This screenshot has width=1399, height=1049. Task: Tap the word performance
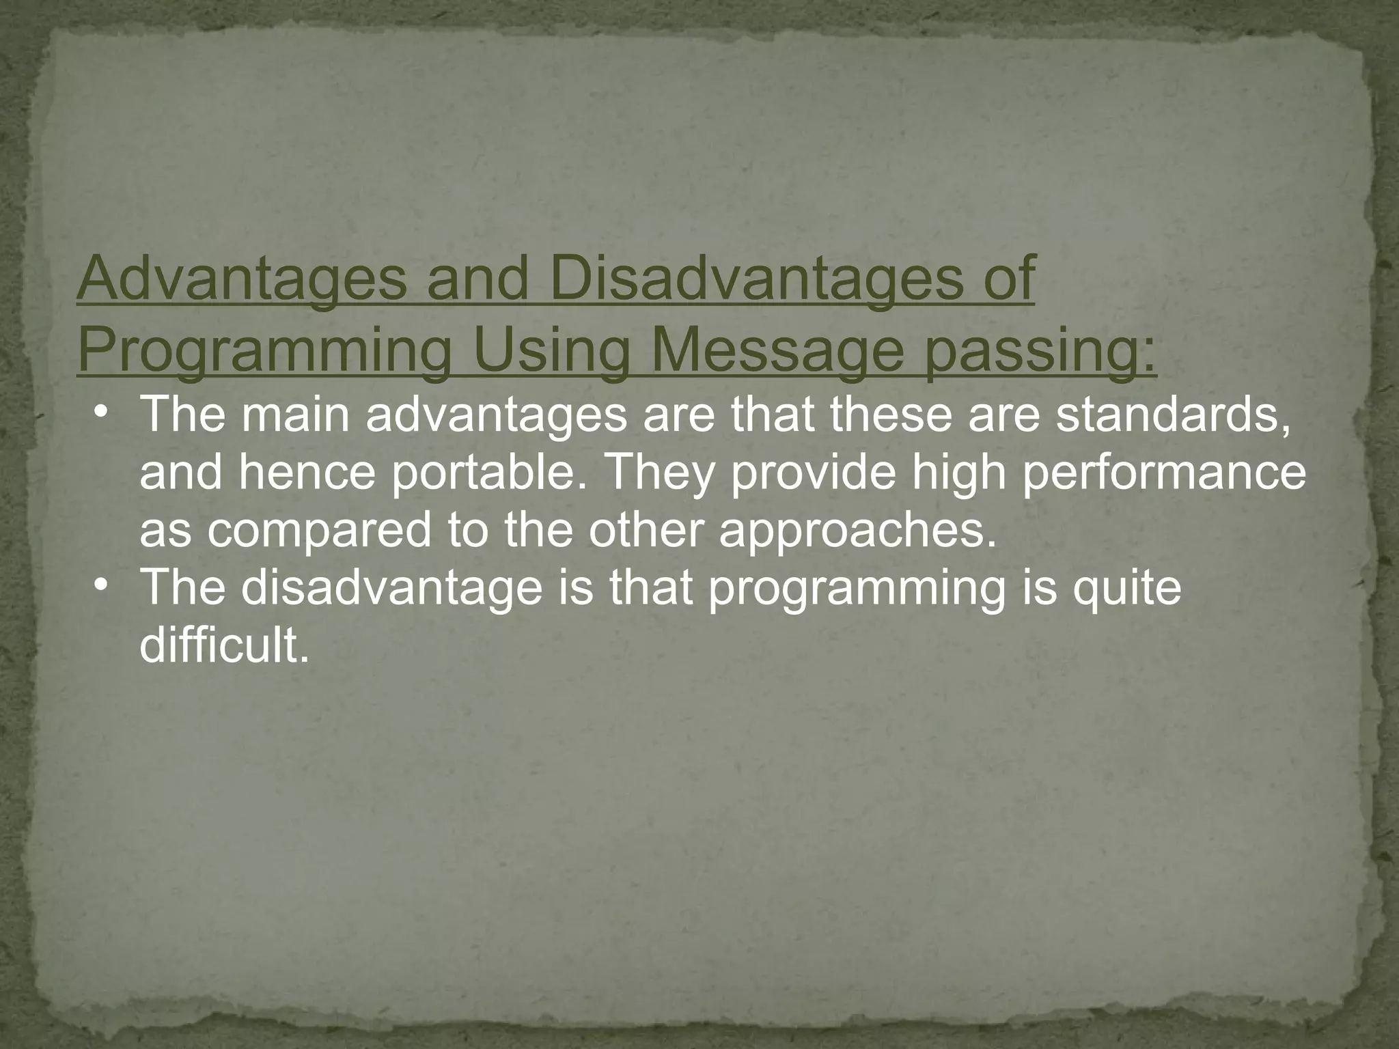[x=1163, y=473]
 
